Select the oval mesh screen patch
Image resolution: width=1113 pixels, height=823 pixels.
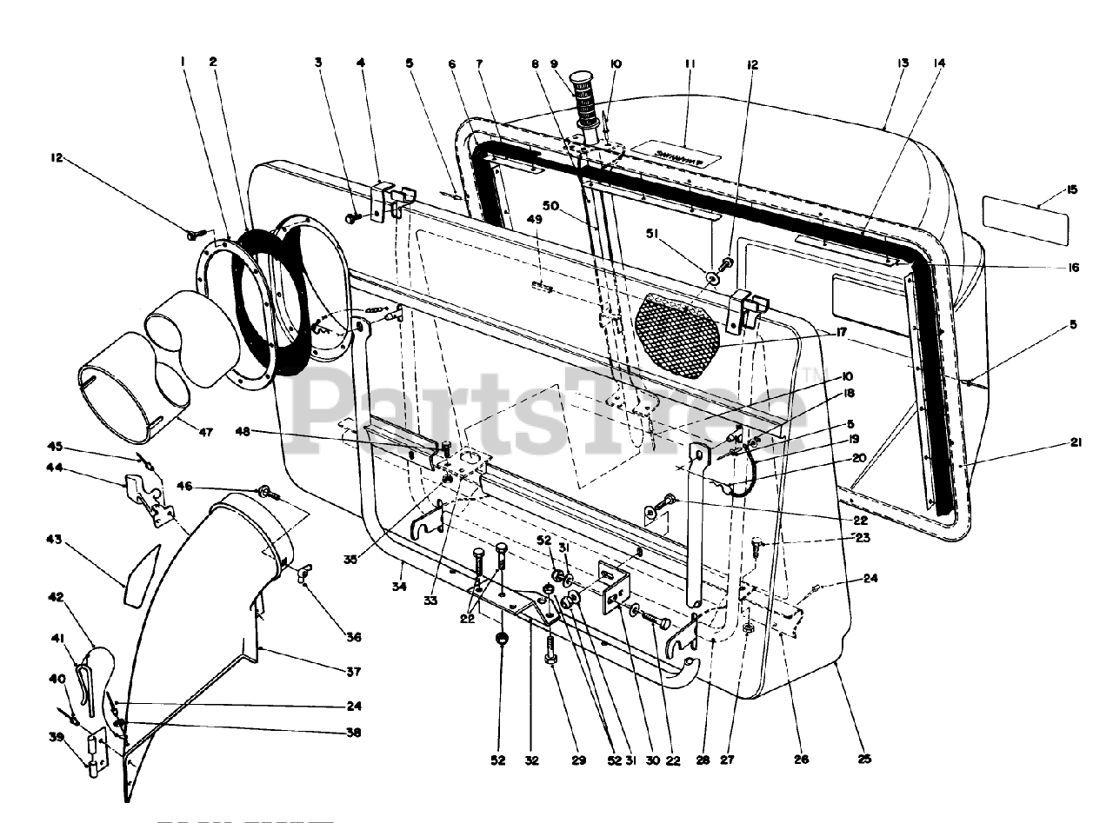[x=679, y=334]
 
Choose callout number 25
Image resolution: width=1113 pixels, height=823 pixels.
[x=863, y=759]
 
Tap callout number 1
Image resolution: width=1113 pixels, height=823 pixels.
[x=184, y=62]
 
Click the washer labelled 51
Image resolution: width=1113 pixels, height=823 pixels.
[x=713, y=278]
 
